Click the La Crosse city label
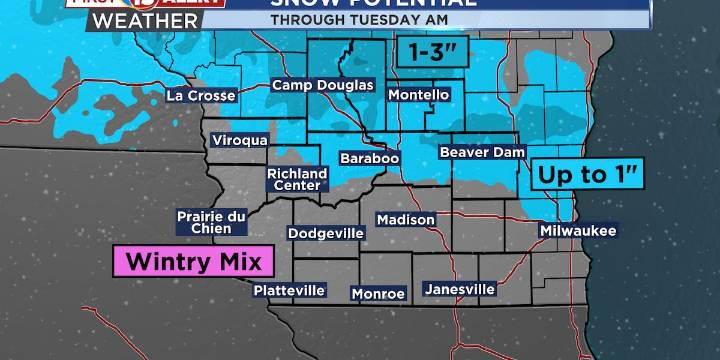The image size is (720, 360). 201,96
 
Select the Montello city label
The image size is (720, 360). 418,94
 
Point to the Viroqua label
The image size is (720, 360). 239,141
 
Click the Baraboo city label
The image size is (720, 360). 370,159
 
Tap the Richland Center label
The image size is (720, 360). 294,179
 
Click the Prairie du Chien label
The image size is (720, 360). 211,221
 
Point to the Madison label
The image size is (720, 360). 406,219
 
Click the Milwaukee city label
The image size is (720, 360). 578,231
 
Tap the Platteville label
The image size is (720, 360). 289,290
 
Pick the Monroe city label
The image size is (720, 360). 378,294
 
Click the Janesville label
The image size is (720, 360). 460,289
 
